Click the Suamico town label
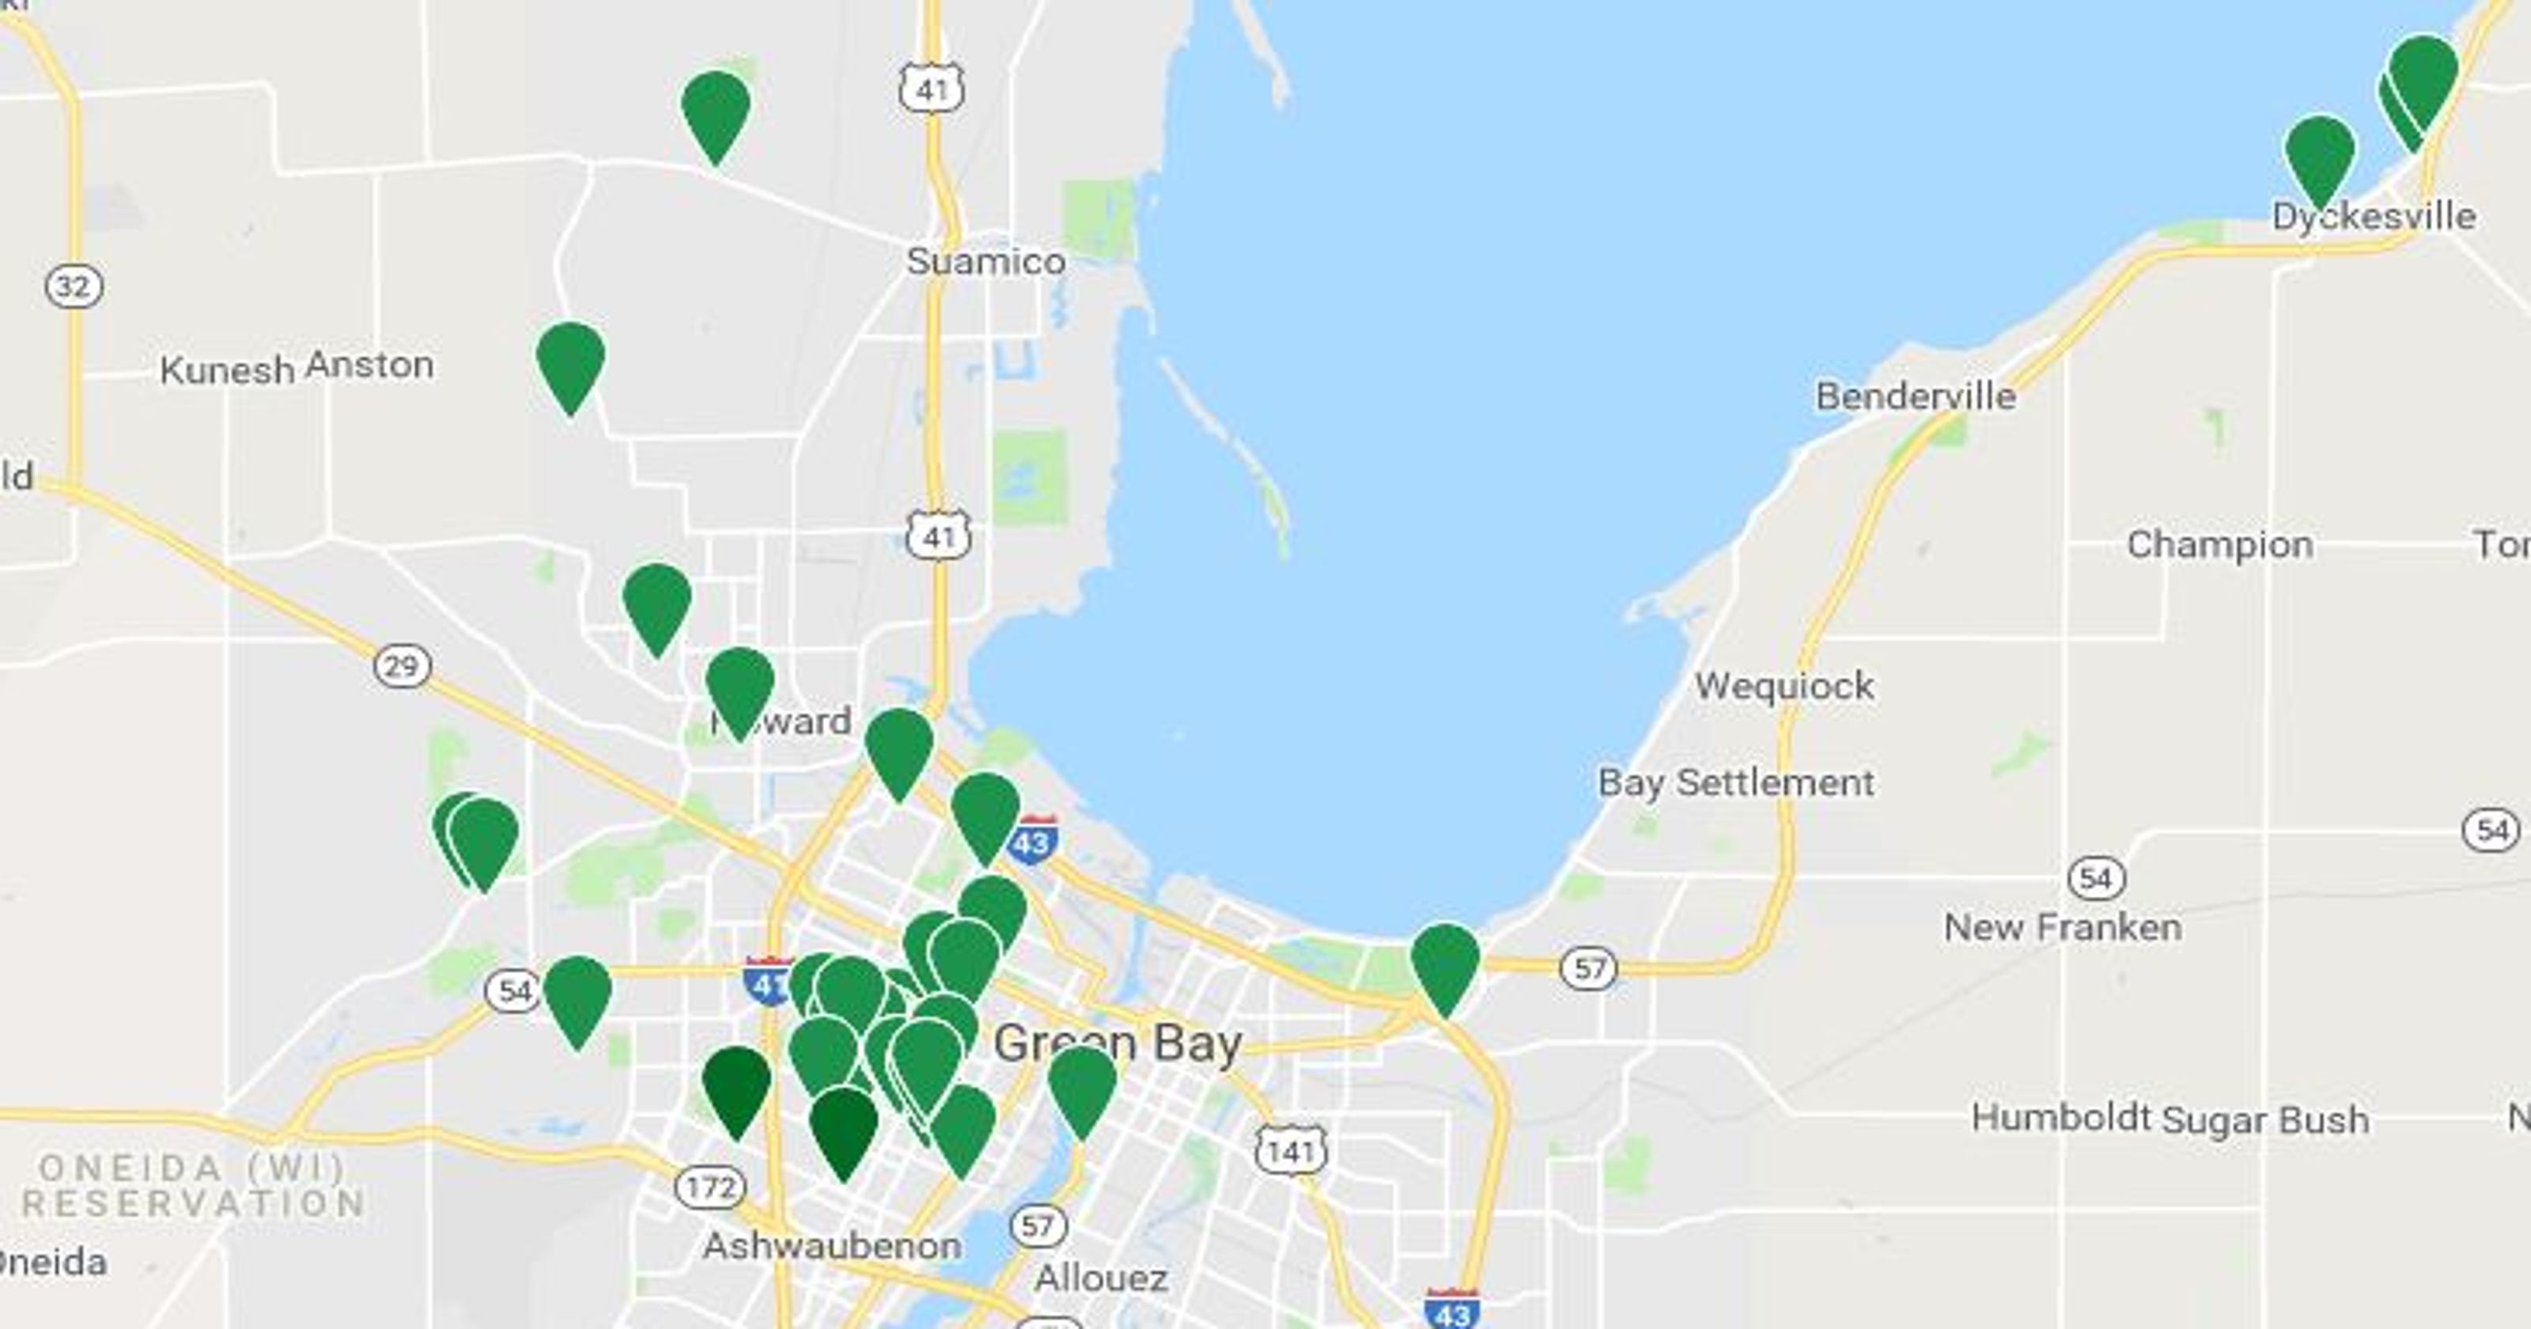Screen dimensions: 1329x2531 pos(986,262)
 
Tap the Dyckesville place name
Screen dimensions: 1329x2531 pos(2374,216)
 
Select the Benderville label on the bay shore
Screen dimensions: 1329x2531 pos(1915,396)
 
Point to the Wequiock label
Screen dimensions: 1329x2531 pos(1784,685)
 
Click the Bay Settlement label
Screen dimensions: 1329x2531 pos(1735,782)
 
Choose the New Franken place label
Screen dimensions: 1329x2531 pos(2062,927)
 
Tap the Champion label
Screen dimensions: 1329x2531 pos(2219,543)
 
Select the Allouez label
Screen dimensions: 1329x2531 pos(1100,1278)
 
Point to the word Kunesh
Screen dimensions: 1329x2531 pos(226,370)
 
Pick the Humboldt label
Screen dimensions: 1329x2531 pos(2060,1118)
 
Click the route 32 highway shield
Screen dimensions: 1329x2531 pos(74,287)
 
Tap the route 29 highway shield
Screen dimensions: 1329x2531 pos(402,666)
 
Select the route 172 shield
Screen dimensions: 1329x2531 pos(710,1187)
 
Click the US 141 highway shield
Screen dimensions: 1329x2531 pos(1290,1150)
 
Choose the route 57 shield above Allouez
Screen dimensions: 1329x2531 pos(1038,1226)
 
